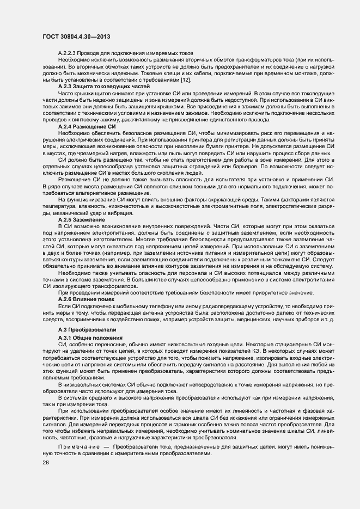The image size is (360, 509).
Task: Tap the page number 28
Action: click(46, 462)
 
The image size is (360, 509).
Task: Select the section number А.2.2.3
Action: click(68, 52)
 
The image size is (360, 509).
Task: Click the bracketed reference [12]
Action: click(186, 81)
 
